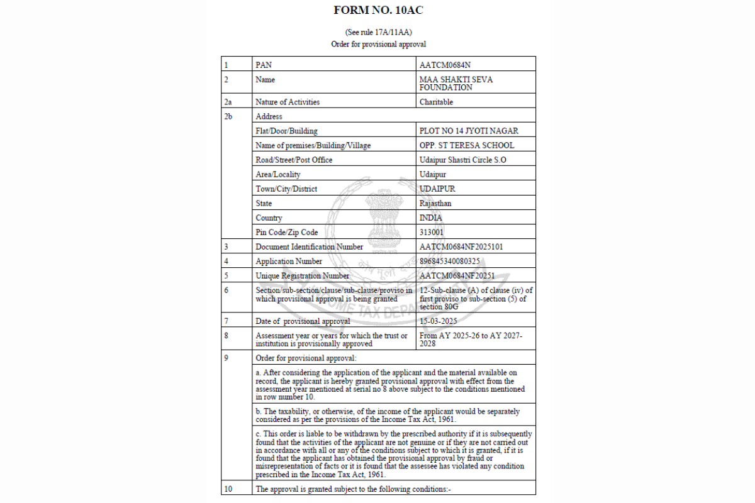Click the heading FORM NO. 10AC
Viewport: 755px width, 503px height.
click(x=378, y=10)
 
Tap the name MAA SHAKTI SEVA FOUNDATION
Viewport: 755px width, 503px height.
click(x=456, y=84)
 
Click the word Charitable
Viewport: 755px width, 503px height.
click(x=436, y=102)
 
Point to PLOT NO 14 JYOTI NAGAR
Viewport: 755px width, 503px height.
click(x=469, y=131)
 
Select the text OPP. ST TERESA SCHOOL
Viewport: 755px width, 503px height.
click(x=466, y=145)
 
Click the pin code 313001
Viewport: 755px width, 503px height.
click(x=432, y=232)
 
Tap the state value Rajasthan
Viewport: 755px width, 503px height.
click(x=435, y=203)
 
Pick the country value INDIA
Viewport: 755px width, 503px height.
click(x=431, y=218)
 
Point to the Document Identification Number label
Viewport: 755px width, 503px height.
click(x=309, y=246)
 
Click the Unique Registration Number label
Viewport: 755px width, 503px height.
click(x=302, y=275)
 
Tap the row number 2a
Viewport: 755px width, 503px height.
click(x=228, y=102)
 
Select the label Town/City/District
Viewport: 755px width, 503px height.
click(x=286, y=189)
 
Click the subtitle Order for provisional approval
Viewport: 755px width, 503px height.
click(x=378, y=44)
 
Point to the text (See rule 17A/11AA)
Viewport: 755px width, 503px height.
click(x=378, y=32)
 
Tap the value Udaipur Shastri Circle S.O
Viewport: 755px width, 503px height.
click(x=462, y=160)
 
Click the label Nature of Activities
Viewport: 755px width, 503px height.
click(x=288, y=102)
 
